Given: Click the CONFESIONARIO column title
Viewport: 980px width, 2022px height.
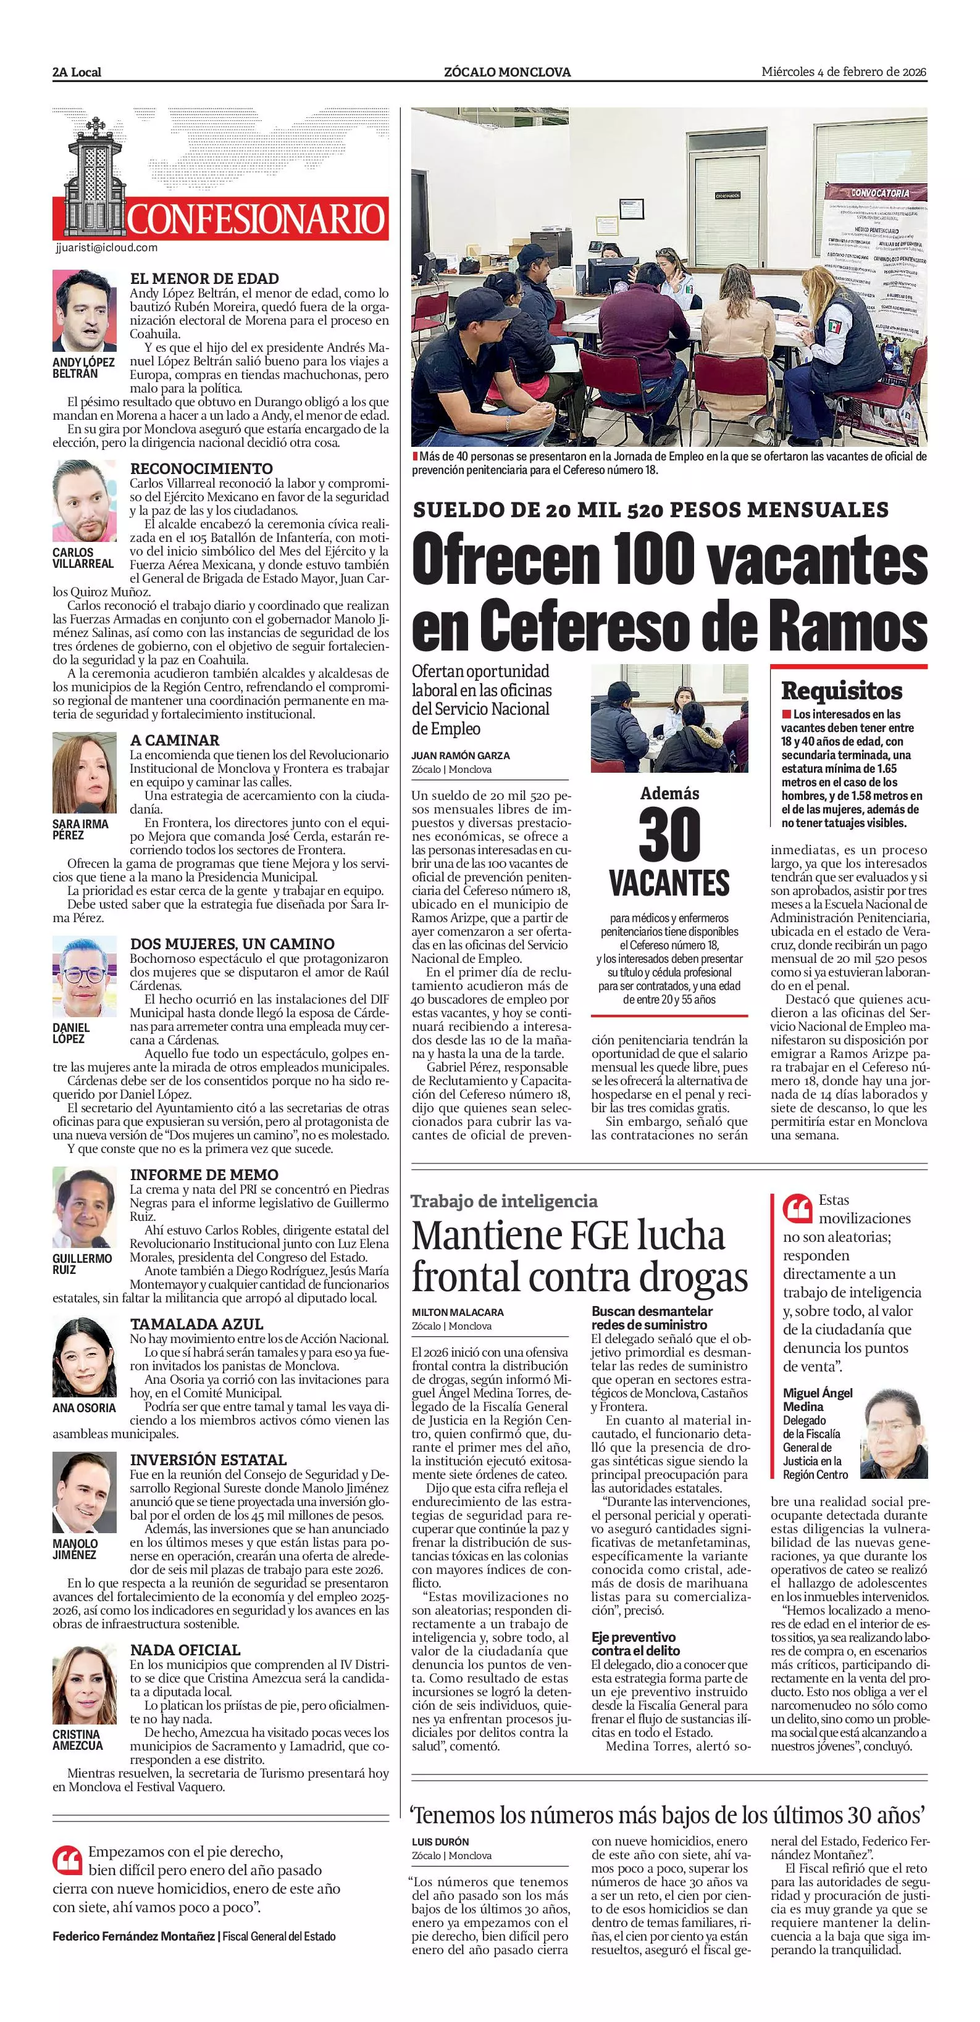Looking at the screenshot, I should pyautogui.click(x=256, y=219).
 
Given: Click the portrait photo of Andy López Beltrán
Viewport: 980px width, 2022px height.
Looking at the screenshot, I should pyautogui.click(x=85, y=311).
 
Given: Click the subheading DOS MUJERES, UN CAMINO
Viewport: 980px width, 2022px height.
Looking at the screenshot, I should pyautogui.click(x=232, y=944).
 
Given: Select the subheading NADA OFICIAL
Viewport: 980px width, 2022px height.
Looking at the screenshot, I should pyautogui.click(x=185, y=1650).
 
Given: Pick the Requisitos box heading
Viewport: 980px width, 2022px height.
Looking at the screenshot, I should pyautogui.click(x=841, y=691).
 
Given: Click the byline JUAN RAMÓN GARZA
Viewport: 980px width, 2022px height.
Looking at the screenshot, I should pyautogui.click(x=460, y=755).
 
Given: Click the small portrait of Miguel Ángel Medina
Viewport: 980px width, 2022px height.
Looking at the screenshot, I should pyautogui.click(x=894, y=1433).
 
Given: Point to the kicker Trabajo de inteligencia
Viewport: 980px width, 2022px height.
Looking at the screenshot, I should pyautogui.click(x=504, y=1201).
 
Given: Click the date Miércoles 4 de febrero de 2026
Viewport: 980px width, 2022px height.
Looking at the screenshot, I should pyautogui.click(x=844, y=72).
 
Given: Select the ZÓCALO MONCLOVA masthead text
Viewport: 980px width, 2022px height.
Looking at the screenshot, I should pyautogui.click(x=507, y=72).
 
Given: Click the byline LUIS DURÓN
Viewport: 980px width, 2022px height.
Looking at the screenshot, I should pyautogui.click(x=440, y=1841).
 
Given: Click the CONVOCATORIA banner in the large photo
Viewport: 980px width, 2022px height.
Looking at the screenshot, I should pyautogui.click(x=879, y=193).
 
